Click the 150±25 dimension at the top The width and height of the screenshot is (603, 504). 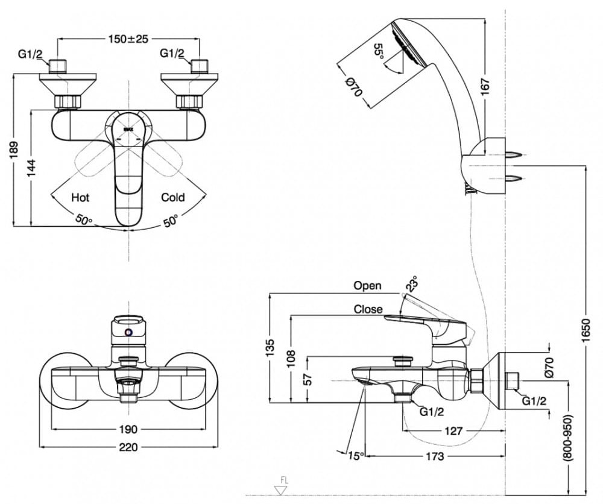tap(128, 39)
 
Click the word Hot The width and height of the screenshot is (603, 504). tap(80, 197)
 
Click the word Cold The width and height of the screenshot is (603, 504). tap(172, 197)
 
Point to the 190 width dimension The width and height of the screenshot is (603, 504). tap(128, 429)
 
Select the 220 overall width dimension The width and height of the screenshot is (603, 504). tap(128, 447)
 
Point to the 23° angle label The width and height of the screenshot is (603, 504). tap(411, 283)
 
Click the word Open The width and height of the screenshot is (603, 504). tap(367, 286)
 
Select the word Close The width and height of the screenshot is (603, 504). tap(368, 309)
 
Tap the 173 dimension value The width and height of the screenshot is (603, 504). tap(434, 456)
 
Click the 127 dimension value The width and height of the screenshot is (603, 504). tap(453, 431)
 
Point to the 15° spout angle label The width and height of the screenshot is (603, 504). tap(356, 456)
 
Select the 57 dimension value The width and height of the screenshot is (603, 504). tap(308, 379)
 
